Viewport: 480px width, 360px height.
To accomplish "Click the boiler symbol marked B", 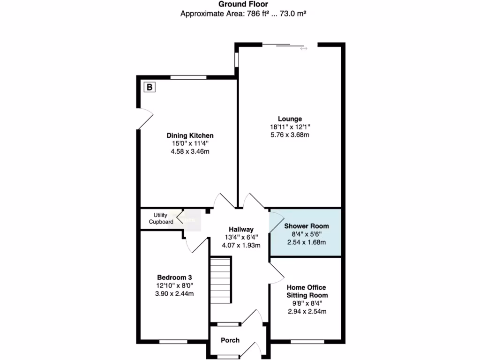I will point(150,87).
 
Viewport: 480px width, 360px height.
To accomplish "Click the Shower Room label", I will point(307,226).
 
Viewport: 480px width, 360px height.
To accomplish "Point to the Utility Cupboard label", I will point(160,218).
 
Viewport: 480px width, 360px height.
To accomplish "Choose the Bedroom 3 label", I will point(174,277).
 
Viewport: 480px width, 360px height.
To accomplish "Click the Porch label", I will point(230,340).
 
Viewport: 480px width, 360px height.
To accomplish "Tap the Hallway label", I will point(241,229).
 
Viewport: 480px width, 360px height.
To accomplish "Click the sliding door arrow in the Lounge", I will point(304,48).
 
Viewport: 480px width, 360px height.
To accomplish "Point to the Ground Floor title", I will point(243,4).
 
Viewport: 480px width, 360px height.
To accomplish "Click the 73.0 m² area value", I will point(293,14).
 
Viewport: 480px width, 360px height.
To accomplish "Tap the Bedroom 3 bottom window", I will point(173,342).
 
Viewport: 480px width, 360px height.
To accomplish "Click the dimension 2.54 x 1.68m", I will point(307,242).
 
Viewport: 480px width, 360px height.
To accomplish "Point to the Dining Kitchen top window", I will point(188,77).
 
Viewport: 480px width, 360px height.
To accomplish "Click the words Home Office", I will point(307,287).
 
